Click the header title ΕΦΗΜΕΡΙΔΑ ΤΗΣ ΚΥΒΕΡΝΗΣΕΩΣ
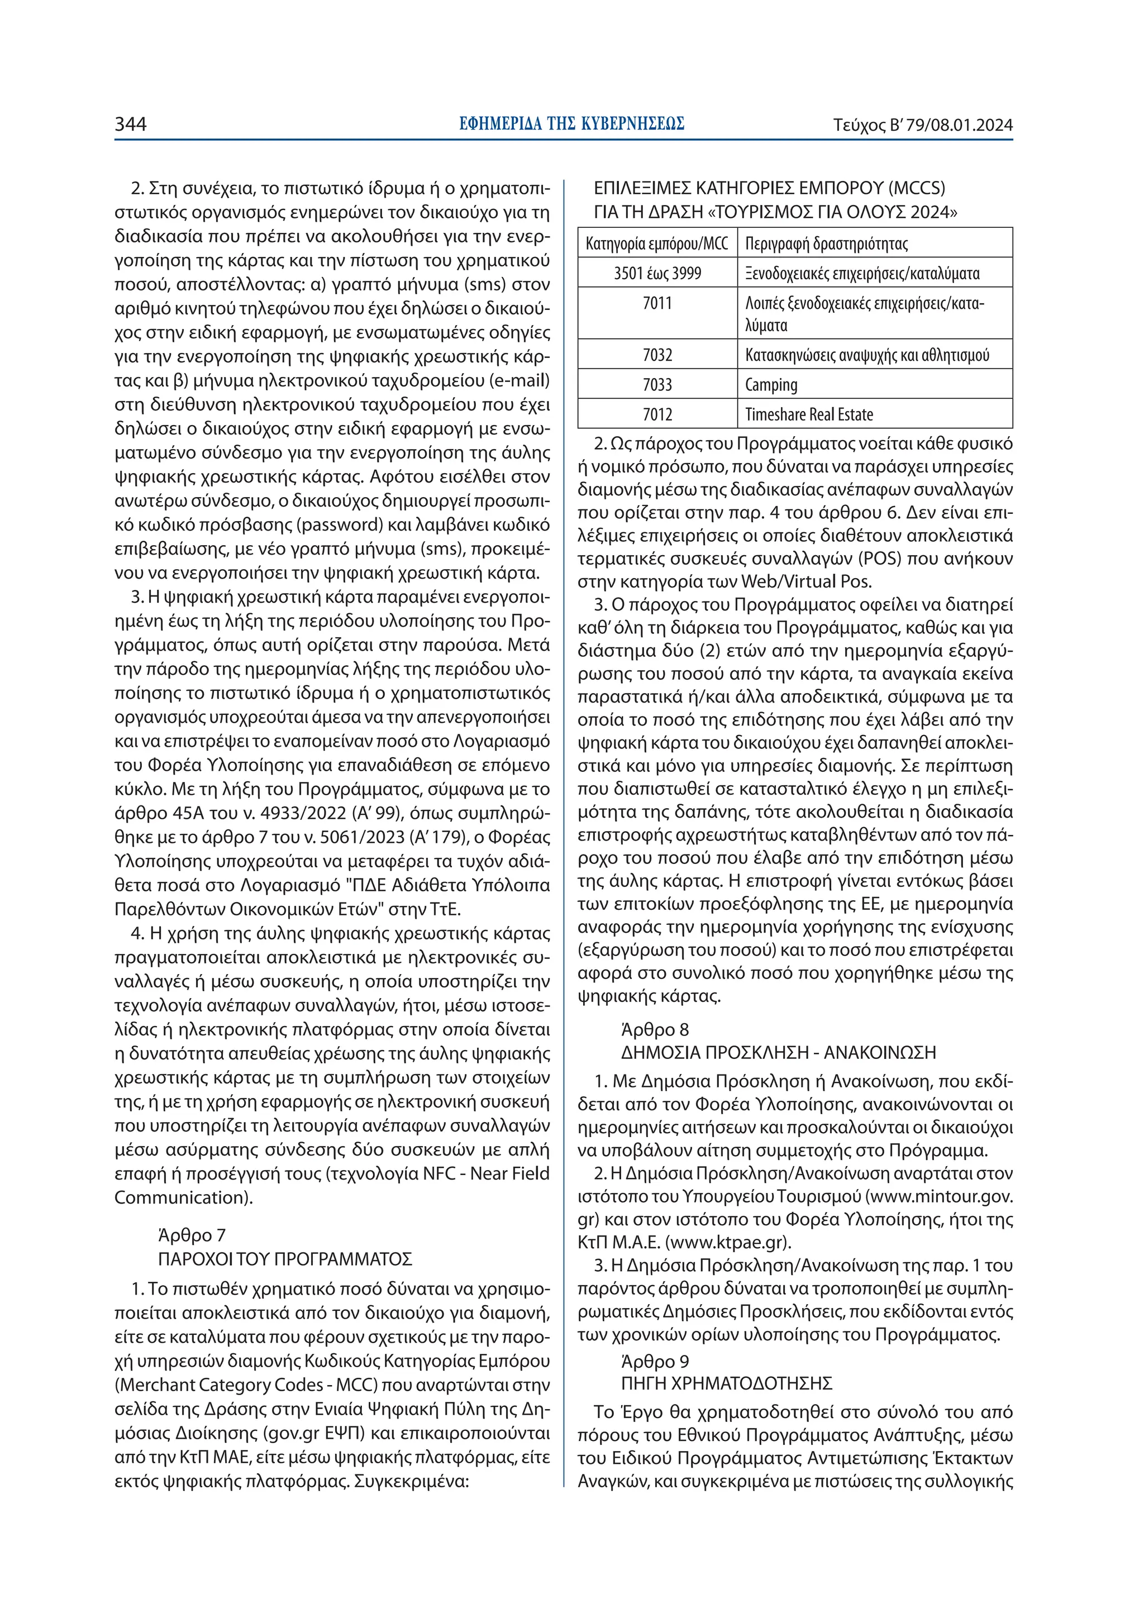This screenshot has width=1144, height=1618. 571,124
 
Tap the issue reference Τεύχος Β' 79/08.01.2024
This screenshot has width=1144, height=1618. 923,126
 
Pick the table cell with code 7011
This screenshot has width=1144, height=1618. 657,304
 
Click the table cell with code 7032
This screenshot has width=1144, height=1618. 657,355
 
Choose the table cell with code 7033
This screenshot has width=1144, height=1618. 657,385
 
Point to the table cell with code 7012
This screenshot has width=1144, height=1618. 657,414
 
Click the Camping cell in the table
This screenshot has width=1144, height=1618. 771,385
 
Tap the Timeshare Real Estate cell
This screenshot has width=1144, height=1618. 809,414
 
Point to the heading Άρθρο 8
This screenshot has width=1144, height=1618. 655,1029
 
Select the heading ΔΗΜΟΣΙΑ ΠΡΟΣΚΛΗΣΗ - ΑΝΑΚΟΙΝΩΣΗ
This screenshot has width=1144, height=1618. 778,1053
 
